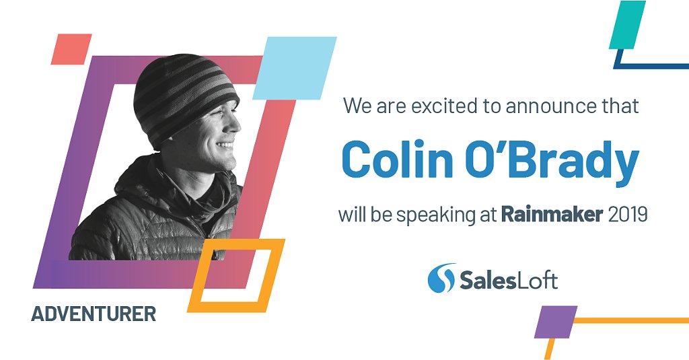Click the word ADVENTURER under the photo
tap(94, 314)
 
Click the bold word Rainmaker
tap(551, 215)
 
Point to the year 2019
tap(627, 215)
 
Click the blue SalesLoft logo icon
tap(441, 277)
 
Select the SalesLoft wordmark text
tap(509, 279)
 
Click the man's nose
tap(235, 125)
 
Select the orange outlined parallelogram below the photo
tap(236, 275)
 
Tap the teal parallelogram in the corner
tap(627, 25)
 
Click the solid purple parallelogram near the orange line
tap(556, 322)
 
